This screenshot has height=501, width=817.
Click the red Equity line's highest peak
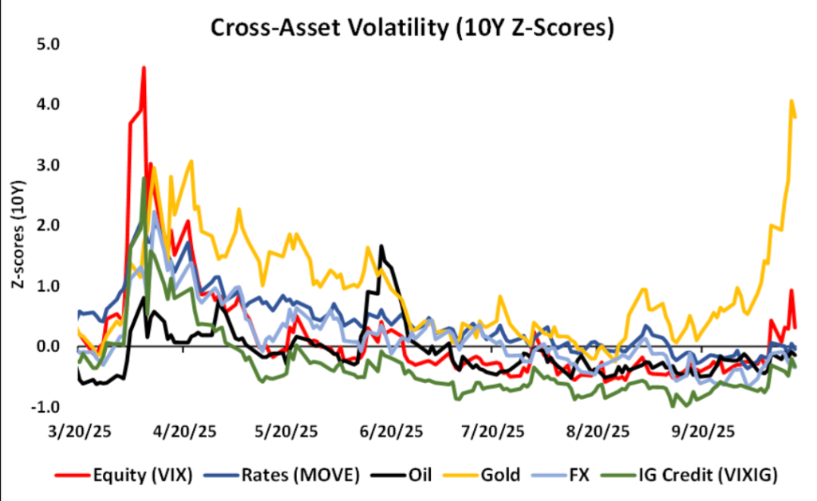pos(144,68)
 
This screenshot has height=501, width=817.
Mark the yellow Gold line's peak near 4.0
pos(791,101)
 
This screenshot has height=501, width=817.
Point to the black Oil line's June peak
pos(381,246)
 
